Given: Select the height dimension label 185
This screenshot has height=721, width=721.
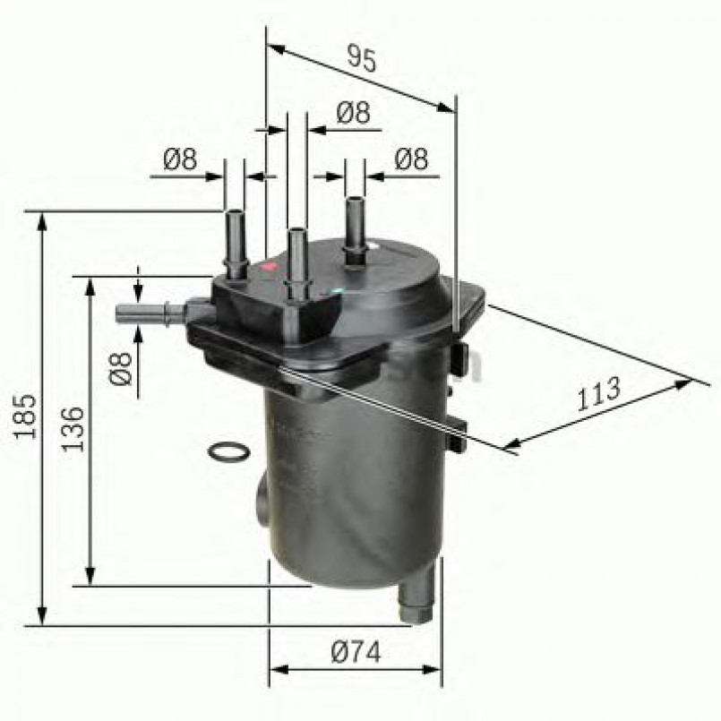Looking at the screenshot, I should [x=24, y=416].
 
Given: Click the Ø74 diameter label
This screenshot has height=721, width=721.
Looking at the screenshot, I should [x=355, y=654].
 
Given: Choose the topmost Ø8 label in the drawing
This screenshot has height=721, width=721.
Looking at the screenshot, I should [x=353, y=113].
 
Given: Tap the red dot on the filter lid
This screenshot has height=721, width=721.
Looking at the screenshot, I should [x=265, y=267].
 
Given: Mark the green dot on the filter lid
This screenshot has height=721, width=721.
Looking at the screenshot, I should [x=334, y=291].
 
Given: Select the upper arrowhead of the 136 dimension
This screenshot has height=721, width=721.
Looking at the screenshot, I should [x=90, y=286].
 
